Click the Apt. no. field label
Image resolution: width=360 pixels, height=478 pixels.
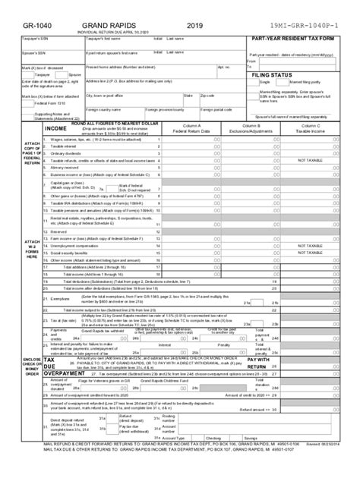tap(224, 68)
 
